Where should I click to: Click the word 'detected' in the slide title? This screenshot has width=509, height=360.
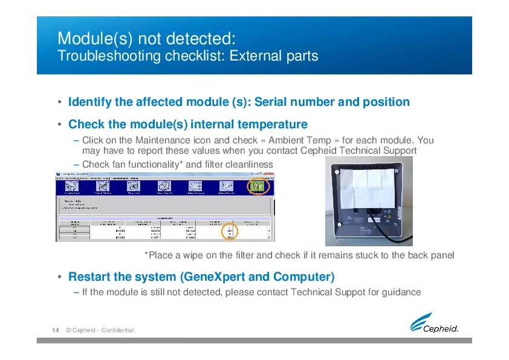click(x=197, y=38)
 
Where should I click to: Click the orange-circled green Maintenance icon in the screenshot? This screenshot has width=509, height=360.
click(x=259, y=187)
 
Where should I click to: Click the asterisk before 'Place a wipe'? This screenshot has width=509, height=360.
click(x=146, y=254)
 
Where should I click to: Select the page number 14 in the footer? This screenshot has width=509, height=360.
click(x=55, y=330)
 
